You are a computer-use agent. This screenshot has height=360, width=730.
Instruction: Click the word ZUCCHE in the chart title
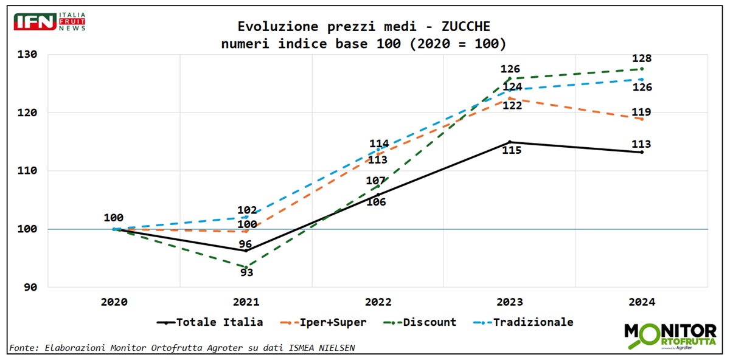(x=466, y=26)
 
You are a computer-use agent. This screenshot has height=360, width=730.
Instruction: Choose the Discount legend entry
(x=429, y=322)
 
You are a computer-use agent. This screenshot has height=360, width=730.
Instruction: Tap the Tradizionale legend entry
(x=533, y=322)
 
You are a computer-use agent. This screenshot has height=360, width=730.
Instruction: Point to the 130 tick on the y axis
(x=26, y=55)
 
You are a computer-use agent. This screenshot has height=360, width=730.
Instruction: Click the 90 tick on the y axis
(x=30, y=287)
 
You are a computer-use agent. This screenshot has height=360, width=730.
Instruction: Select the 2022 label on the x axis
(x=378, y=302)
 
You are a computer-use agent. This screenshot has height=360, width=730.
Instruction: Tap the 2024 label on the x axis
(x=642, y=302)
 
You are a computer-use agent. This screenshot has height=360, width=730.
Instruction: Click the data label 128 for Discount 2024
(x=642, y=59)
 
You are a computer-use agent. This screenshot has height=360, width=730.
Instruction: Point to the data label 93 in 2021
(x=246, y=272)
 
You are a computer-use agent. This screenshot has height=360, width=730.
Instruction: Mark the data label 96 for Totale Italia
(x=245, y=244)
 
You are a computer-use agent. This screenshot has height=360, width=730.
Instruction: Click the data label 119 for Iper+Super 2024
(x=642, y=112)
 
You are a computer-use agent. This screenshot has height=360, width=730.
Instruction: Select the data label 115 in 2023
(x=511, y=150)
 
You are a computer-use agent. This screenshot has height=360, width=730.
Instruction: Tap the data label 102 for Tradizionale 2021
(x=246, y=210)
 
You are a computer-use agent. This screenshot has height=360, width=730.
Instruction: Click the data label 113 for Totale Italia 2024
(x=641, y=144)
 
